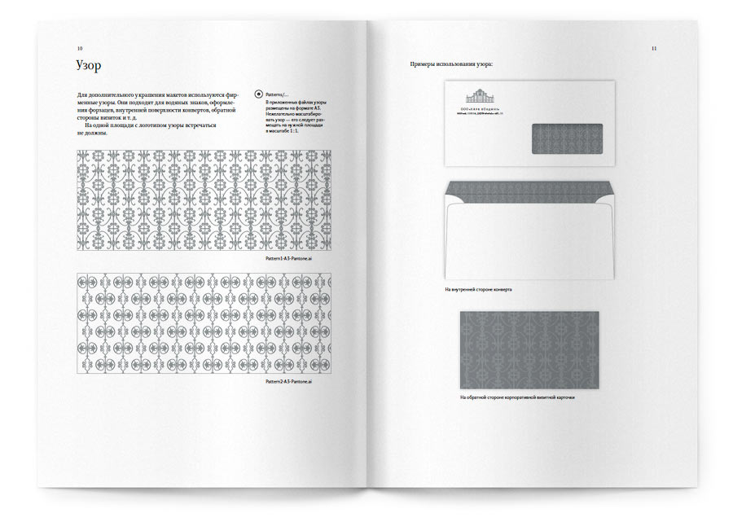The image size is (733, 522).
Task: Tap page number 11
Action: pos(653,49)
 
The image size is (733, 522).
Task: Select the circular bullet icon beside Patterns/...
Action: pos(259,94)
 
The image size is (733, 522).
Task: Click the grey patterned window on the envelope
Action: pos(567,138)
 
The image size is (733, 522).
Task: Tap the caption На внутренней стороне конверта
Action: pos(478,289)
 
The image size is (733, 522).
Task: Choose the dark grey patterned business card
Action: pos(529,349)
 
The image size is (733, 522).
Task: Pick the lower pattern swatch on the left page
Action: pos(204,323)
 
